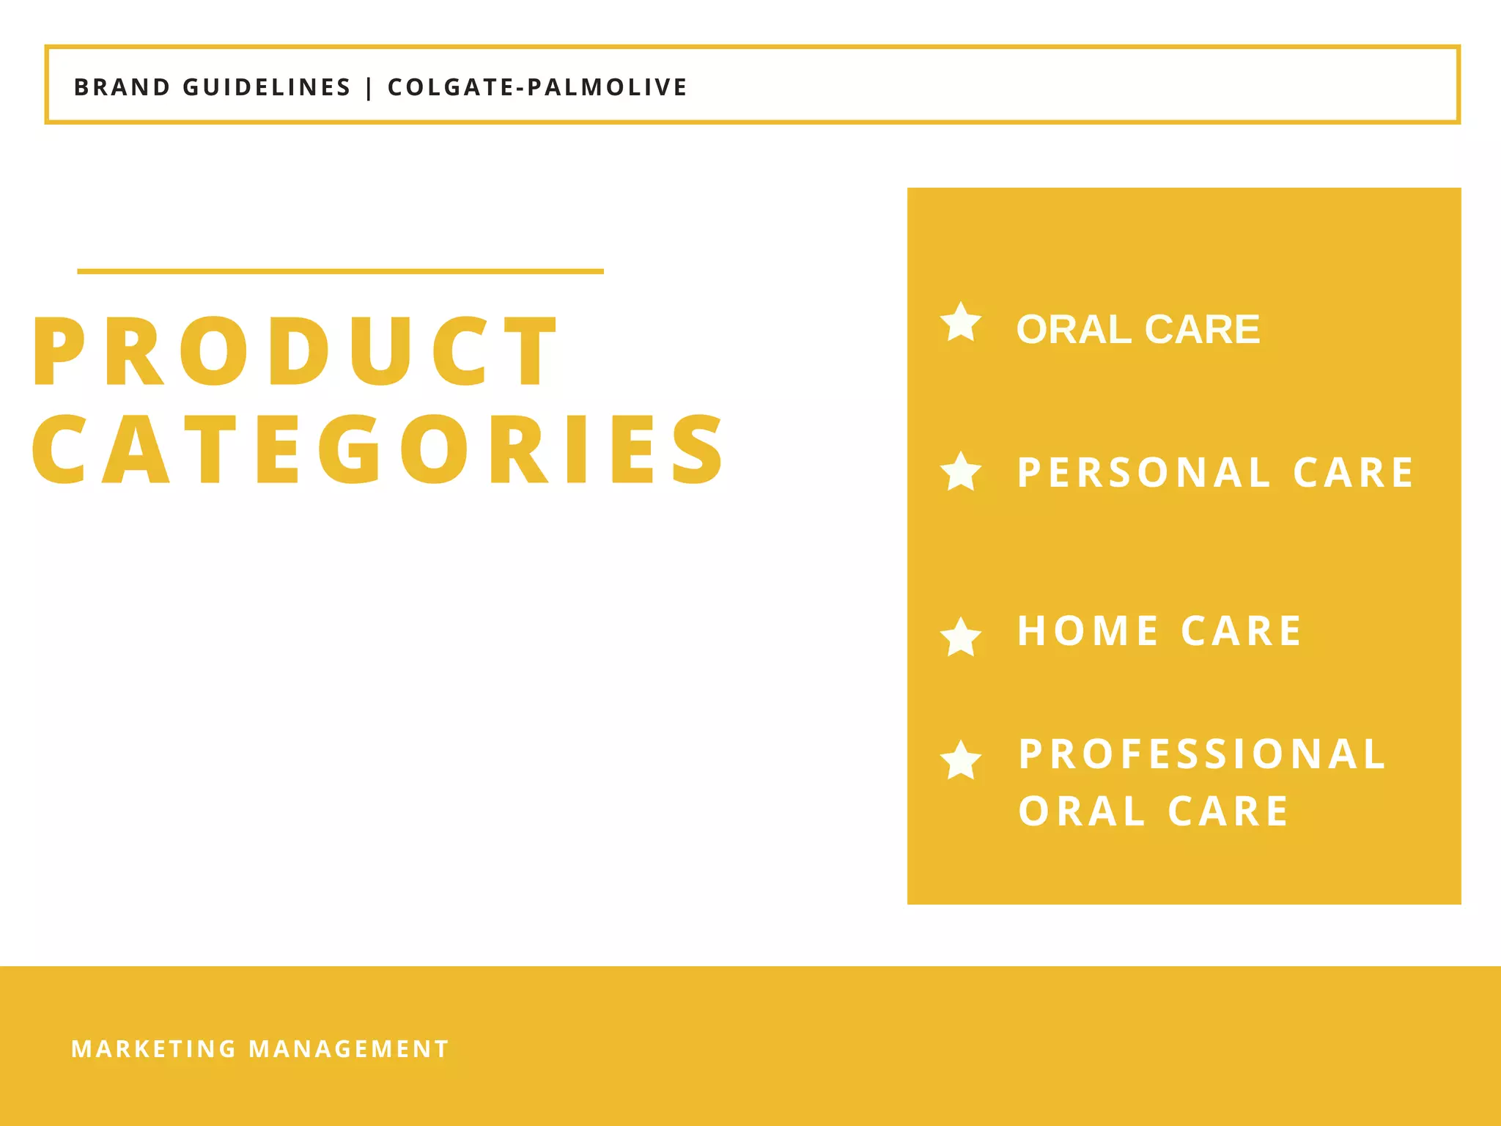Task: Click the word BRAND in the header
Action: tap(122, 87)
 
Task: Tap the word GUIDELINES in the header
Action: tap(267, 87)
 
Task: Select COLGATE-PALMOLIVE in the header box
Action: tap(537, 87)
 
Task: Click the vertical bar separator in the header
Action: tap(369, 88)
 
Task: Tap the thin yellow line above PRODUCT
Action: tap(340, 271)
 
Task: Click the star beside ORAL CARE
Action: tap(961, 323)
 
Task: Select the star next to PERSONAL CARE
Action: tap(961, 471)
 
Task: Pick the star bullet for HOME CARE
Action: tap(961, 636)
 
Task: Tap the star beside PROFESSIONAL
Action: tap(961, 759)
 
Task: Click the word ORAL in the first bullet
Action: tap(1074, 329)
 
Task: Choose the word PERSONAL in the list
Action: tap(1144, 473)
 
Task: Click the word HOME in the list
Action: tap(1088, 631)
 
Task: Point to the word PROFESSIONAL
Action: tap(1203, 754)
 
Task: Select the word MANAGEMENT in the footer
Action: tap(349, 1049)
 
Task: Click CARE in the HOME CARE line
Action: tap(1242, 631)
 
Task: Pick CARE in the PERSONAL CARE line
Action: tap(1354, 473)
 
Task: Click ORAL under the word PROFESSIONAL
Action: tap(1082, 812)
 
